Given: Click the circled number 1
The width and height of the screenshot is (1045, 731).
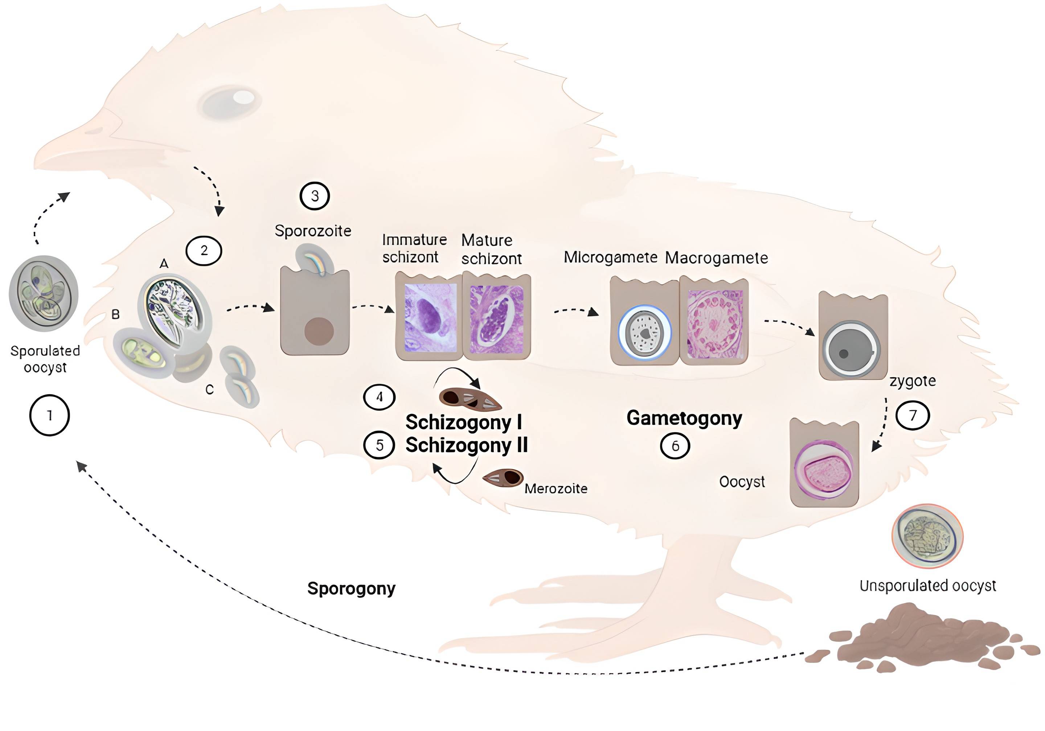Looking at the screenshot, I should pyautogui.click(x=49, y=415).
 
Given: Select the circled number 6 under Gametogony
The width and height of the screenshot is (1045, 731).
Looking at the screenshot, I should pyautogui.click(x=675, y=446).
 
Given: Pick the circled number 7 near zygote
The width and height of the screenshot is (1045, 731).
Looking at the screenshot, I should pyautogui.click(x=912, y=415).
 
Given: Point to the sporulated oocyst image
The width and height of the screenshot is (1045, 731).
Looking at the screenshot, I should pyautogui.click(x=44, y=293).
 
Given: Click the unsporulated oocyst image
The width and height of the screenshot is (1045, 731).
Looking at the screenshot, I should pyautogui.click(x=927, y=536).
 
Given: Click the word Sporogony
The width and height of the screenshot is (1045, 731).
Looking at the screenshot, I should pyautogui.click(x=351, y=588).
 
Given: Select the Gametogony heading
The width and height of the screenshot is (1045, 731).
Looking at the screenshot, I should pyautogui.click(x=684, y=418).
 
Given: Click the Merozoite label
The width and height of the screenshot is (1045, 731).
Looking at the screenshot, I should pyautogui.click(x=556, y=488).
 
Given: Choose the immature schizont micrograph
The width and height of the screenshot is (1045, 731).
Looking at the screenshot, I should pyautogui.click(x=430, y=317).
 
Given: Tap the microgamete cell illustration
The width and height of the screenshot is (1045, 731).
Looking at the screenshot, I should pyautogui.click(x=644, y=332).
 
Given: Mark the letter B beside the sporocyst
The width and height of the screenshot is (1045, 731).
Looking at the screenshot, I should pyautogui.click(x=116, y=314).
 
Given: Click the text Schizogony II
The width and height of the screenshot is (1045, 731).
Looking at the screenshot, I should pyautogui.click(x=467, y=445).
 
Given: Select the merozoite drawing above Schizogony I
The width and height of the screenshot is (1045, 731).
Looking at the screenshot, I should pyautogui.click(x=469, y=398).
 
